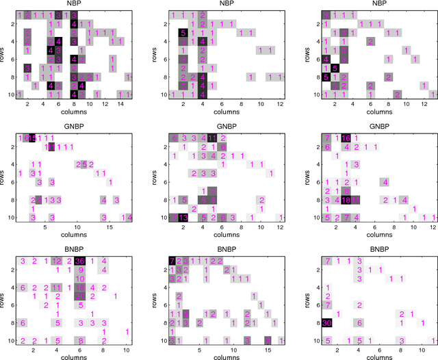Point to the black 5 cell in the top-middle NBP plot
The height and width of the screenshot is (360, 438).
click(x=183, y=33)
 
